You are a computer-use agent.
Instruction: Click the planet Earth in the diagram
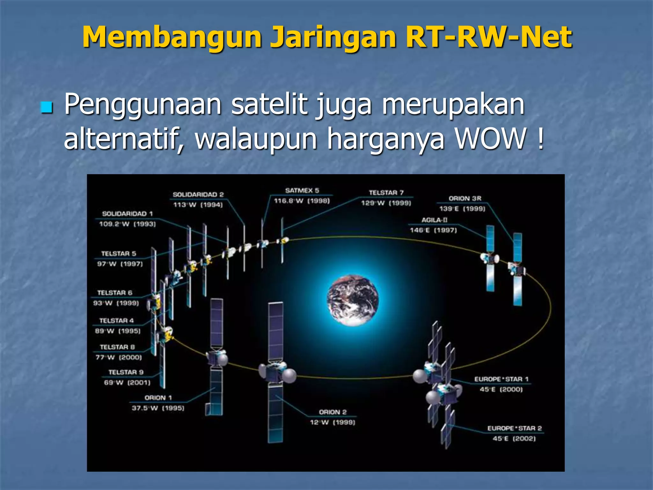pos(353,300)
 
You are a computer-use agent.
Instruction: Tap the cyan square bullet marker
pos(47,108)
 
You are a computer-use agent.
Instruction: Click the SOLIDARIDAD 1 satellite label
pos(127,214)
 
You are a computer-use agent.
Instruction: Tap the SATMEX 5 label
pos(302,191)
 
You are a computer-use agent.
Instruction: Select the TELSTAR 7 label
pos(386,193)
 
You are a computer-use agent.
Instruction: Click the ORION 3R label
pos(465,198)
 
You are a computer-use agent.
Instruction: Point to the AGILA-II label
pos(434,220)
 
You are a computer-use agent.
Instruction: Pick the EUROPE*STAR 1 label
pos(501,379)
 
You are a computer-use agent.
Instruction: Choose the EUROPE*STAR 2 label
pos(514,428)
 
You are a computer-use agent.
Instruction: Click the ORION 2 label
pos(333,412)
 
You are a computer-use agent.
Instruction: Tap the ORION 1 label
pos(158,398)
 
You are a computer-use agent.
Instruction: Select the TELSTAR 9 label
pos(126,372)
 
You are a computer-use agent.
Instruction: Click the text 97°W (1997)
pos(120,264)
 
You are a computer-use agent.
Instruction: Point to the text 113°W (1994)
pos(198,205)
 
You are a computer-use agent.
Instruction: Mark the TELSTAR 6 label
pos(114,293)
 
